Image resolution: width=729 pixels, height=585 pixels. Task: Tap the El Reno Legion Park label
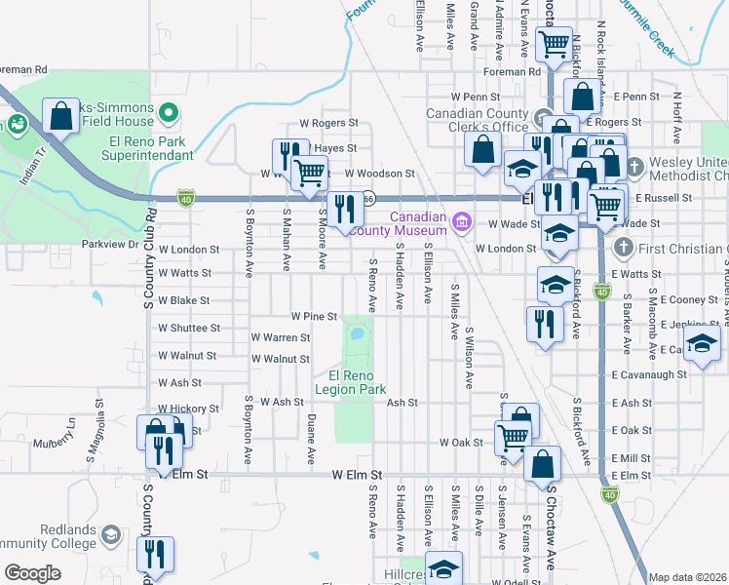tap(357, 381)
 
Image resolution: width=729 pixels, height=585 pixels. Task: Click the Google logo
tap(32, 573)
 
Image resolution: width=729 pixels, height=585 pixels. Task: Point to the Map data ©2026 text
tap(687, 577)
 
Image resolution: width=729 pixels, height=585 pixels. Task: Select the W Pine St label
tap(314, 316)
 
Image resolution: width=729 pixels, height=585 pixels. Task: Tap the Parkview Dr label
tap(110, 244)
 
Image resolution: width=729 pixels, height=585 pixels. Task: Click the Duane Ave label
tap(311, 438)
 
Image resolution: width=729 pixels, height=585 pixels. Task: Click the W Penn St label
tap(475, 97)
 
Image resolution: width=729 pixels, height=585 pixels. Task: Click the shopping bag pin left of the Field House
tap(60, 116)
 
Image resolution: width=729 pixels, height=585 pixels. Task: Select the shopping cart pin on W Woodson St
tap(310, 172)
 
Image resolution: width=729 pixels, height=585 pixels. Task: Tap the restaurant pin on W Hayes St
tap(288, 154)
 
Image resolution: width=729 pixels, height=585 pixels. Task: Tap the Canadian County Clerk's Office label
tap(477, 121)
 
